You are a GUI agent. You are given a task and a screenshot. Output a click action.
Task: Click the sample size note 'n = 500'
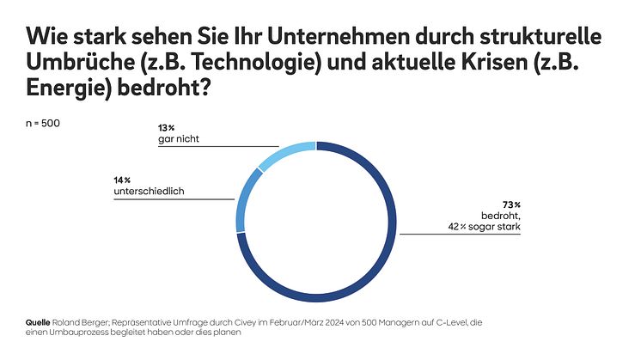click(x=43, y=122)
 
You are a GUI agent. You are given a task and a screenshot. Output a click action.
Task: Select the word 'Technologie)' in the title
click(x=241, y=64)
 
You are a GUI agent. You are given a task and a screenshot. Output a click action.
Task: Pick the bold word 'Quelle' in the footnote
click(x=39, y=322)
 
